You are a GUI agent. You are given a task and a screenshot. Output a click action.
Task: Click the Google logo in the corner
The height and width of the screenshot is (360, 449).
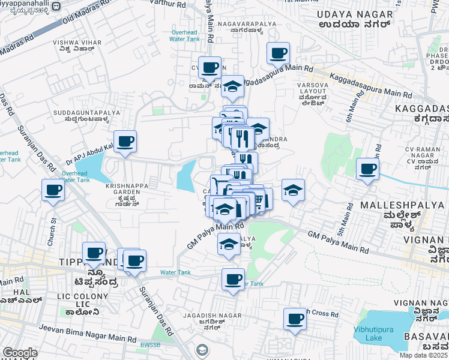point(20,353)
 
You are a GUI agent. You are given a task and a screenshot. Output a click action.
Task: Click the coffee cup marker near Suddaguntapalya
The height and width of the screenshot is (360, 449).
point(125,142)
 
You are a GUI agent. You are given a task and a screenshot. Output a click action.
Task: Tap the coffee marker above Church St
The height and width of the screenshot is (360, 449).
point(53,190)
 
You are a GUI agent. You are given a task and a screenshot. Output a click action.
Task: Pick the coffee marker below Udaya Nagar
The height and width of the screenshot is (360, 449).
point(279,53)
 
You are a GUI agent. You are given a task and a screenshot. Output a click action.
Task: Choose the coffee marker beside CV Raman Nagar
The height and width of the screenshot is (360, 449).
point(367,169)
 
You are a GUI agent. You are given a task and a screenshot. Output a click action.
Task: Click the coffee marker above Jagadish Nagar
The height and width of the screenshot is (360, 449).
point(233,278)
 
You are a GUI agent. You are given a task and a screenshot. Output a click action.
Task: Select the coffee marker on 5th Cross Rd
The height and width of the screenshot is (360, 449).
point(295,319)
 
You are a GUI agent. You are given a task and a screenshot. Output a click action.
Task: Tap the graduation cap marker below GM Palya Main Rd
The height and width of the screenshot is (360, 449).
point(228,244)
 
